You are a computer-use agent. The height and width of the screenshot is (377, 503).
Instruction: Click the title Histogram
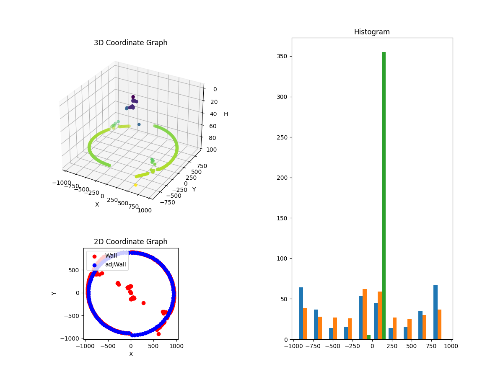point(372,32)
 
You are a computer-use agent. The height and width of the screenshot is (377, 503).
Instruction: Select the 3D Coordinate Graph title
point(130,43)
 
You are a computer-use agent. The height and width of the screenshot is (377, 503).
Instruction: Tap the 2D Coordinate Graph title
point(130,242)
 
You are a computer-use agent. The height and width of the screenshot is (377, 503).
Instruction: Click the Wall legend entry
point(111,256)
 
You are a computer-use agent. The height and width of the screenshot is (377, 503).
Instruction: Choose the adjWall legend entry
point(115,265)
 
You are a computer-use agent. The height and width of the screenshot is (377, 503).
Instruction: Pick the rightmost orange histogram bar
point(439,324)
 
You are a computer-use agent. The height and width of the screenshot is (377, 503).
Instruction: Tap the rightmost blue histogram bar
point(436,312)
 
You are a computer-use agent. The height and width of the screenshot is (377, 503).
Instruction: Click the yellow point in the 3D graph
point(135,185)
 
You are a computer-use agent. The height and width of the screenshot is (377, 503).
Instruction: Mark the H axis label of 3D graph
point(226,114)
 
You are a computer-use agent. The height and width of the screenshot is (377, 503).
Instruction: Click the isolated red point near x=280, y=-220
point(143,303)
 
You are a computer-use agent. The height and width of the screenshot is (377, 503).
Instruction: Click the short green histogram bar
point(368,337)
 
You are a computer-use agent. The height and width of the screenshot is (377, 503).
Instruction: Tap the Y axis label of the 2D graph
point(54,293)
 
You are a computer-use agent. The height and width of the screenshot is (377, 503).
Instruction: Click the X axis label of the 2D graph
point(131,354)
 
